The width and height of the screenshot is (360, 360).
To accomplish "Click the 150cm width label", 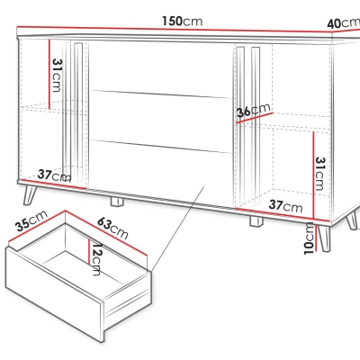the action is click(183, 21).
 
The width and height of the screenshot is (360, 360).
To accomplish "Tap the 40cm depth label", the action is click(344, 23).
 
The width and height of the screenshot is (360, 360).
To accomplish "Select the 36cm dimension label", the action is click(254, 111).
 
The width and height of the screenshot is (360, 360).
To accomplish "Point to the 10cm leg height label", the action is click(309, 239).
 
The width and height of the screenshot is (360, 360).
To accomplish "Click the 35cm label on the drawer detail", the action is click(31, 220).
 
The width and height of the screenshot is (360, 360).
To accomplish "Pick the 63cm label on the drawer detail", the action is click(112, 228).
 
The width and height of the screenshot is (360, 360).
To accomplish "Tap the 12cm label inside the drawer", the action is click(96, 259).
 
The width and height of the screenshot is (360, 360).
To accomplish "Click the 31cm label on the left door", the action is click(57, 75).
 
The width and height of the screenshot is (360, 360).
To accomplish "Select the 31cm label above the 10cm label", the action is click(319, 174).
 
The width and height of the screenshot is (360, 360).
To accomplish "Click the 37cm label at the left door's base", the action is click(54, 175).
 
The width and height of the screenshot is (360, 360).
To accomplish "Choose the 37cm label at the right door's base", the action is click(285, 206).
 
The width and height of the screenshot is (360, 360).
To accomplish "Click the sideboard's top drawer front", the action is click(159, 68).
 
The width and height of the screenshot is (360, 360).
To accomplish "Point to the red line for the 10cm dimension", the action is click(316, 236).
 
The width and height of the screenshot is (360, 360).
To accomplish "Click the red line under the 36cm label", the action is click(255, 118).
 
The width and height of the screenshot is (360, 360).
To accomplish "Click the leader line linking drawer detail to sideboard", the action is click(178, 229).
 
